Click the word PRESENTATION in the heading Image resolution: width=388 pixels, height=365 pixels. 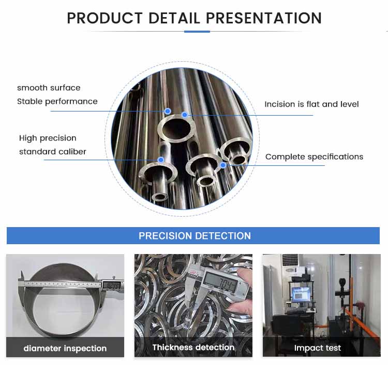[264, 18]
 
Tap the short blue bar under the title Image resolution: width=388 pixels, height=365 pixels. [197, 32]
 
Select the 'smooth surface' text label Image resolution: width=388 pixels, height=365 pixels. [49, 88]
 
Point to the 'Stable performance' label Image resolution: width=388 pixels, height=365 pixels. [57, 102]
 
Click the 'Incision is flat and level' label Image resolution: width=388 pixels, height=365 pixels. [311, 104]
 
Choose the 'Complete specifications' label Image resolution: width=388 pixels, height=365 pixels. [314, 157]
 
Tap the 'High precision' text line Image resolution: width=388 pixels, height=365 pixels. [48, 138]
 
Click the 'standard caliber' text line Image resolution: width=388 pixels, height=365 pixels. [53, 151]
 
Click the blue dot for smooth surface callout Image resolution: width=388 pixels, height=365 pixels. [168, 111]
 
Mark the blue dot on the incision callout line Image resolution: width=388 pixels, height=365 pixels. [185, 115]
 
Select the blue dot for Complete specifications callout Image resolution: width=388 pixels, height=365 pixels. [223, 165]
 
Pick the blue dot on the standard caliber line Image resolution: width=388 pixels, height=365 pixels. [161, 160]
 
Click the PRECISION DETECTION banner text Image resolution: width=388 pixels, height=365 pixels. [195, 236]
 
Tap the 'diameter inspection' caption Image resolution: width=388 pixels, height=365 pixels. [65, 348]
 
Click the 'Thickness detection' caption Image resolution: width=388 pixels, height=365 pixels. [193, 347]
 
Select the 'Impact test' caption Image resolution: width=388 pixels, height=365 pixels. [318, 348]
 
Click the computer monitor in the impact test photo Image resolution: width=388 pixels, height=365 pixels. [301, 294]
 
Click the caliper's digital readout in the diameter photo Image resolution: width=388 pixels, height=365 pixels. [112, 285]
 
